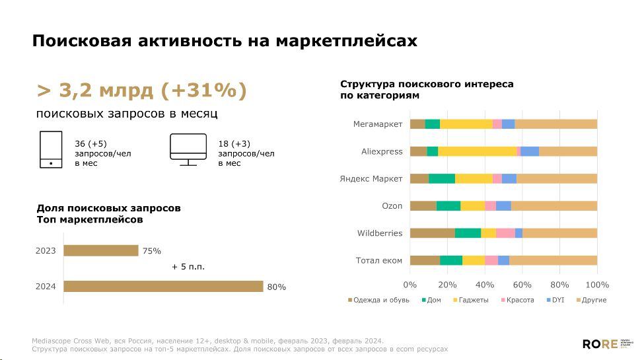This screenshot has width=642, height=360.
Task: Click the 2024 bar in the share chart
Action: point(162,286)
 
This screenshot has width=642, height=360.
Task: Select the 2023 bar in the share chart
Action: point(100,250)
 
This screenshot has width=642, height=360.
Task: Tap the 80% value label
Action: point(276,287)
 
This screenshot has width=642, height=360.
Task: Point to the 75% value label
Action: point(151,251)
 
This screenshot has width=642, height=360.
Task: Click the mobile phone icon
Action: point(51,150)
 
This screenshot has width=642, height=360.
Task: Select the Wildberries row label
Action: point(380,233)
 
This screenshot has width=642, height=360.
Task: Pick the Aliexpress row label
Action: point(382,151)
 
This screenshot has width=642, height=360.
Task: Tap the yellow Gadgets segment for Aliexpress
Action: point(477,151)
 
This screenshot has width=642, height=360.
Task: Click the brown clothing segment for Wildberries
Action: point(432,233)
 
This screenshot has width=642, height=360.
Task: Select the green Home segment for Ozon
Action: point(448,205)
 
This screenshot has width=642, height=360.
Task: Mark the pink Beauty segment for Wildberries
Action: point(505,233)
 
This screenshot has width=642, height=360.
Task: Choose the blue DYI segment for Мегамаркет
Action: point(508,124)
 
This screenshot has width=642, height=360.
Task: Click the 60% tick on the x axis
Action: point(522,285)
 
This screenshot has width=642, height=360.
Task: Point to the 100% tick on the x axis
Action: point(597,285)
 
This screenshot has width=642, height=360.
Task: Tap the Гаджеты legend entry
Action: point(471,300)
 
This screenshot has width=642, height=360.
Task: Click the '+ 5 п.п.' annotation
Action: point(188,267)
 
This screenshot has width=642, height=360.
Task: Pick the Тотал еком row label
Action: point(379,260)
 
